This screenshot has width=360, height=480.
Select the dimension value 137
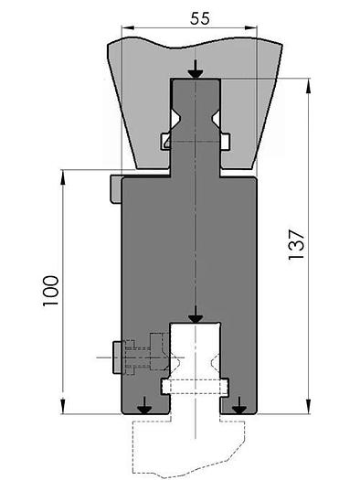pos(294,242)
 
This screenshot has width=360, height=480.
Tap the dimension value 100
pos(49,290)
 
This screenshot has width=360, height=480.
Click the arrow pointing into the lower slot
pos(195,315)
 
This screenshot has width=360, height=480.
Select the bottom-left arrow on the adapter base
pos(143,407)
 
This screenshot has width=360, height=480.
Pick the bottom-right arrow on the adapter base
pos(239,407)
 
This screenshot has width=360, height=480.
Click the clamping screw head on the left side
pos(116,357)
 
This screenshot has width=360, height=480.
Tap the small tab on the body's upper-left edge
pos(114,188)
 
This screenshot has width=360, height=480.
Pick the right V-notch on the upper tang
pos(216,123)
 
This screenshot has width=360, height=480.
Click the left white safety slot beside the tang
pos(165,141)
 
